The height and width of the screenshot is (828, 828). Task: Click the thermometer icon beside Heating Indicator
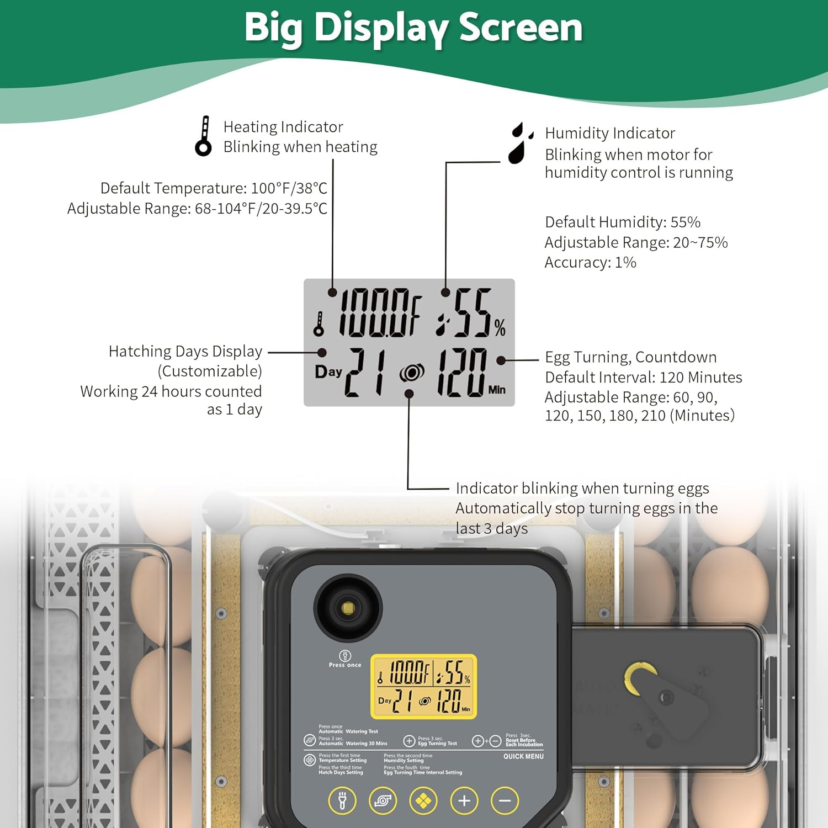click(x=204, y=136)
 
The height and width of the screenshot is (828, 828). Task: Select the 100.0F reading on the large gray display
click(x=380, y=314)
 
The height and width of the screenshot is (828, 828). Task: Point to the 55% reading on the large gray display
click(x=473, y=314)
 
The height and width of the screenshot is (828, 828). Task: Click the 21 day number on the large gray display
click(x=365, y=373)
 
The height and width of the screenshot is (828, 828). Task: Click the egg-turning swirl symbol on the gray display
click(x=412, y=374)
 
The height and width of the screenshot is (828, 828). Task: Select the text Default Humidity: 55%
click(x=622, y=222)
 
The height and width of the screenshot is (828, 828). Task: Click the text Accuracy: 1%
click(x=590, y=262)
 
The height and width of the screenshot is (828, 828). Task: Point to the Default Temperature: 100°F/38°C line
click(x=214, y=188)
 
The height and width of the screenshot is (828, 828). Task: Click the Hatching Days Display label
click(x=185, y=352)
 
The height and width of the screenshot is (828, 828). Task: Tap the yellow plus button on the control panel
click(x=464, y=801)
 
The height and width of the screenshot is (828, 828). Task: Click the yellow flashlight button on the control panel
click(x=342, y=801)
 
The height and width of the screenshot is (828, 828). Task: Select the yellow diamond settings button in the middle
click(x=423, y=801)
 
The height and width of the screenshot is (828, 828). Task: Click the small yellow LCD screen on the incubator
click(x=423, y=687)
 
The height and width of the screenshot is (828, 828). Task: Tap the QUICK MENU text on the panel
click(x=523, y=756)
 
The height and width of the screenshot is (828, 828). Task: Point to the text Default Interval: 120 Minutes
click(x=643, y=378)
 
